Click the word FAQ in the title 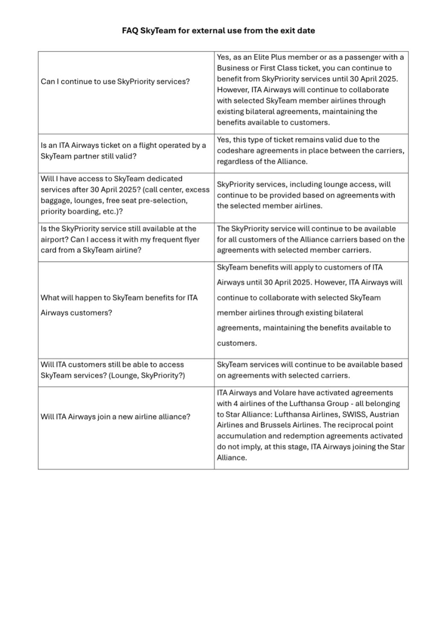pos(130,31)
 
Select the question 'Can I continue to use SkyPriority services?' pos(115,82)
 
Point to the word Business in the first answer pos(233,68)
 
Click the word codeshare pos(235,151)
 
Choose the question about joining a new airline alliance pos(115,417)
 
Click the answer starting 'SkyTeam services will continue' pos(309,370)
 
